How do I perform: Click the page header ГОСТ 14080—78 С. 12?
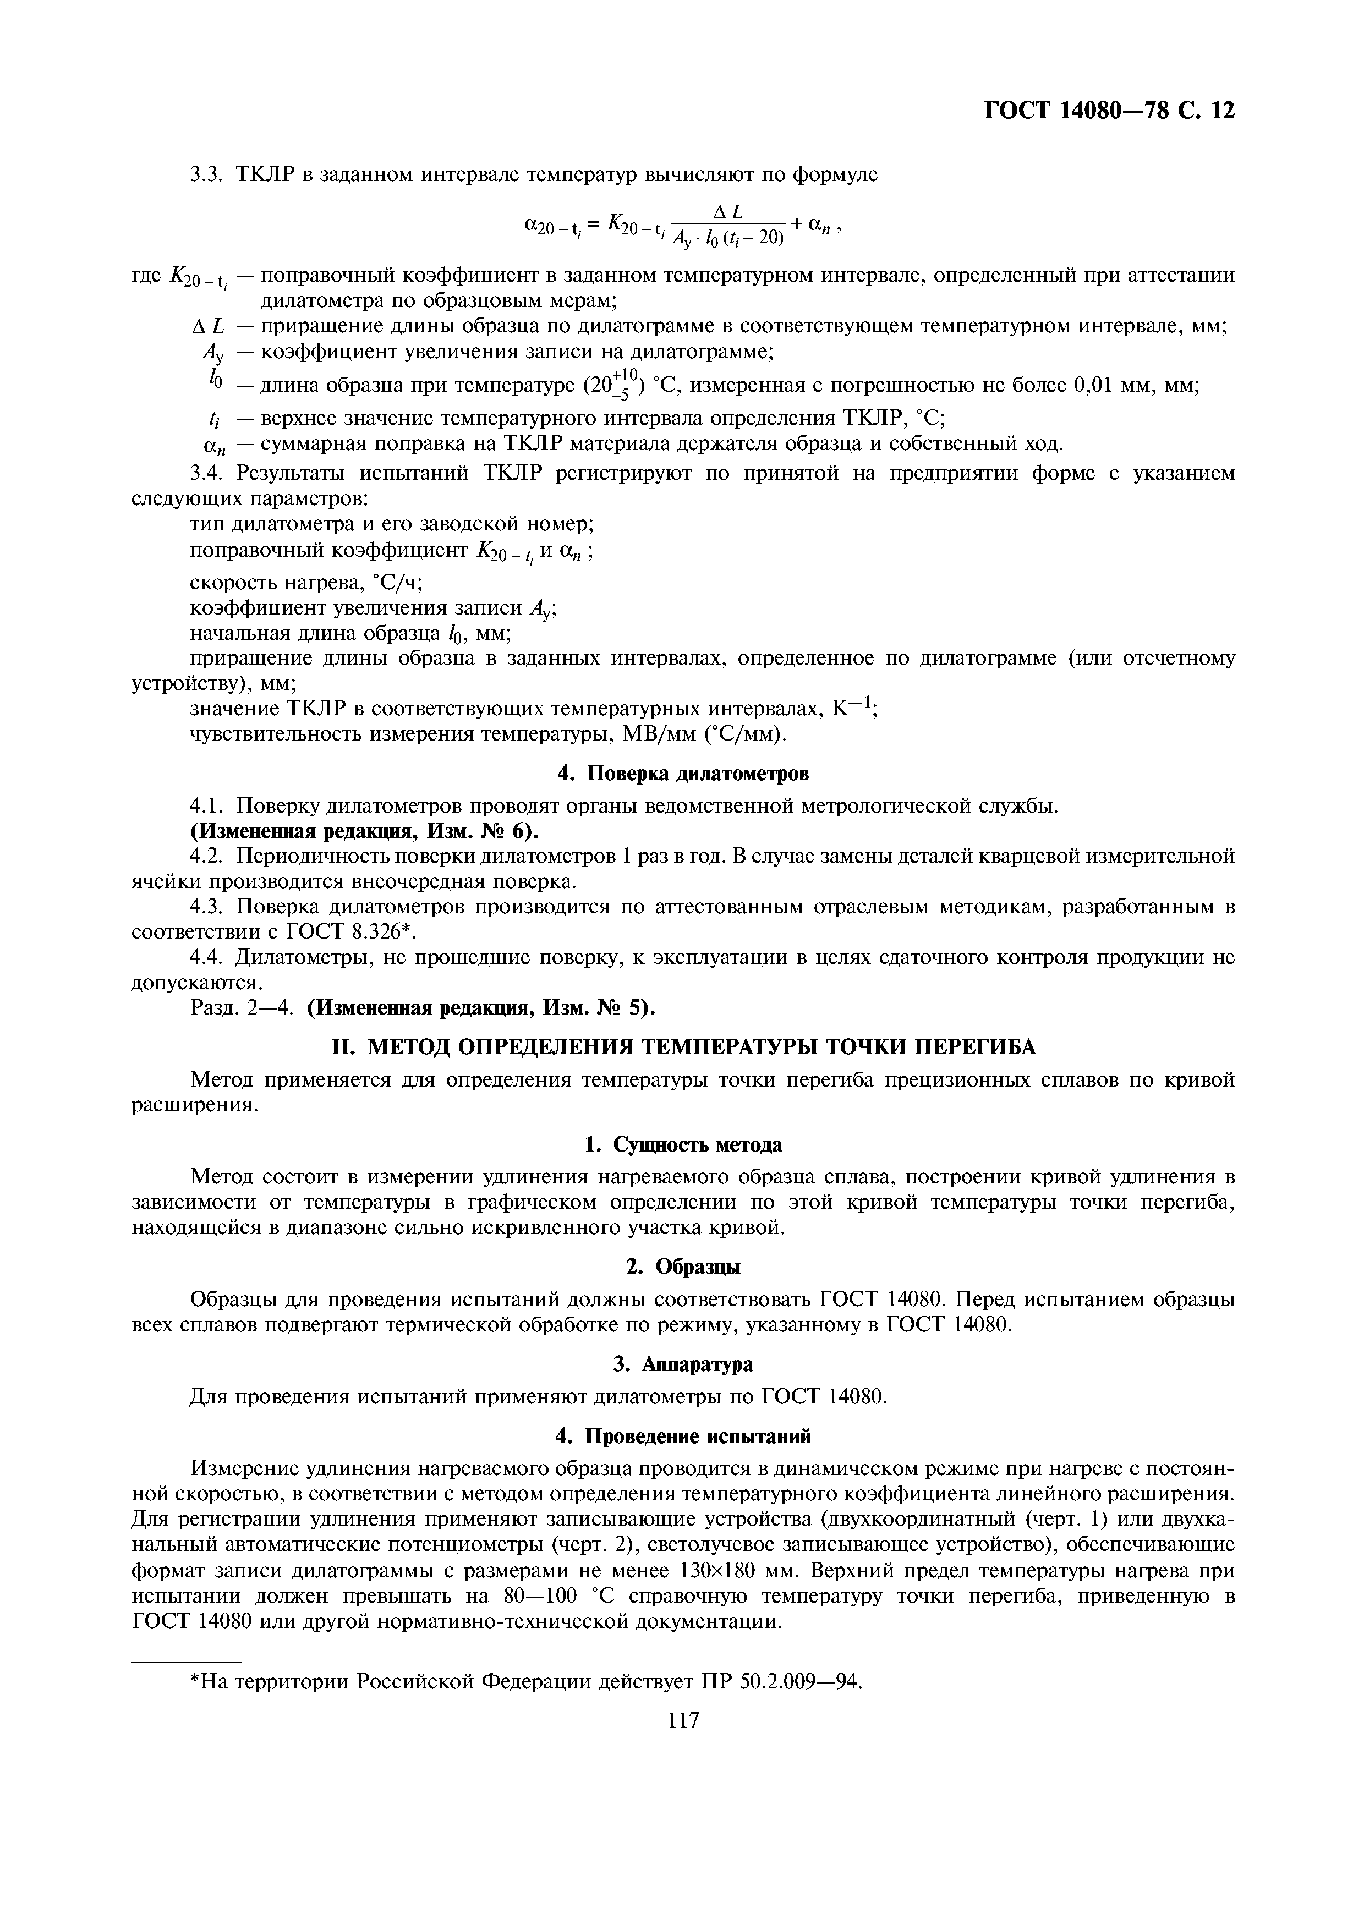pos(1109,110)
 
